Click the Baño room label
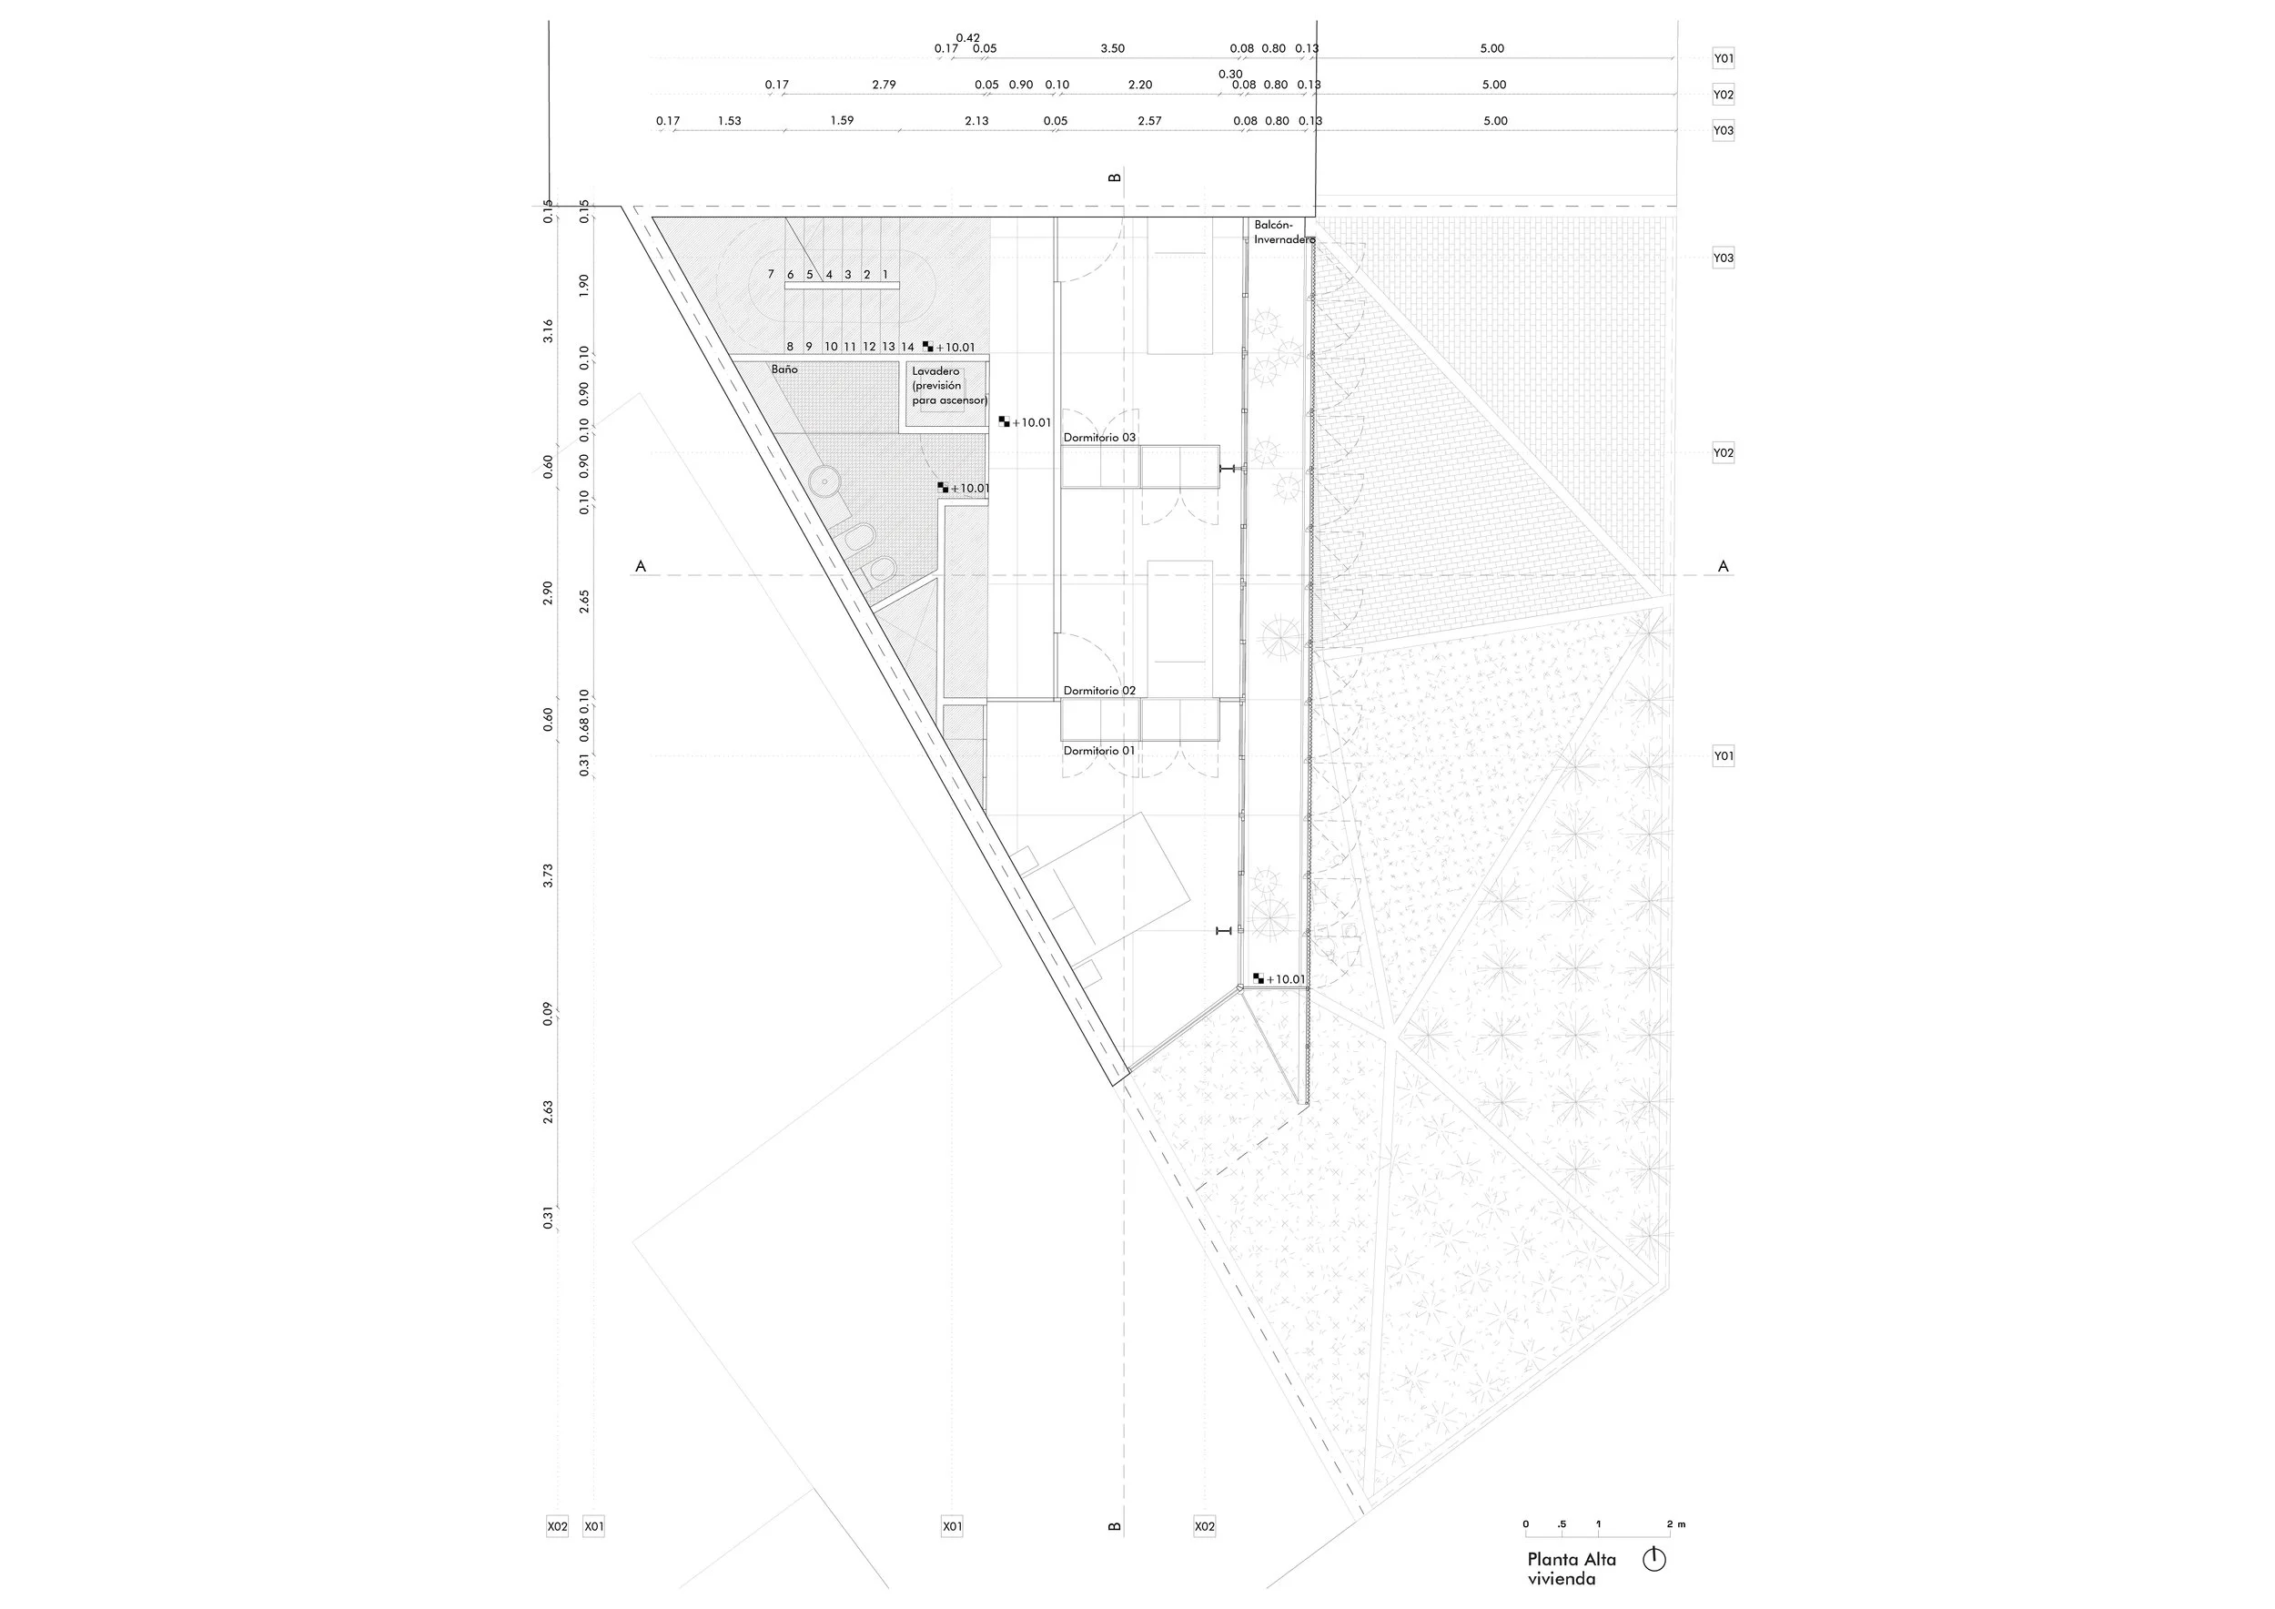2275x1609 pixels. pyautogui.click(x=784, y=369)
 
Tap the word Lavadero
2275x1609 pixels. pyautogui.click(x=936, y=371)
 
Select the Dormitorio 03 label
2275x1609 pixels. pyautogui.click(x=1100, y=437)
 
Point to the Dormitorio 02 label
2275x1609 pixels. pyautogui.click(x=1100, y=691)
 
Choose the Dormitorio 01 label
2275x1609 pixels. pyautogui.click(x=1099, y=751)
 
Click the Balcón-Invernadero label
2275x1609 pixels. pyautogui.click(x=1284, y=232)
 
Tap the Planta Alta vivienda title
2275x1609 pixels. pyautogui.click(x=1572, y=1568)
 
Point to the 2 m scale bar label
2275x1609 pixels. pyautogui.click(x=1675, y=1523)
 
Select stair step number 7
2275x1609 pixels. pyautogui.click(x=771, y=275)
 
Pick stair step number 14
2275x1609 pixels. pyautogui.click(x=907, y=347)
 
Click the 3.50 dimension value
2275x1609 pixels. pyautogui.click(x=1113, y=48)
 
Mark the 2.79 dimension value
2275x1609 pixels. pyautogui.click(x=884, y=86)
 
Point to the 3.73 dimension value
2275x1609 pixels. pyautogui.click(x=548, y=875)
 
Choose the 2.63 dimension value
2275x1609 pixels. pyautogui.click(x=548, y=1113)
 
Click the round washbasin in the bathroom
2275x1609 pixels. pyautogui.click(x=823, y=482)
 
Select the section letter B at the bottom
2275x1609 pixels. pyautogui.click(x=1115, y=1527)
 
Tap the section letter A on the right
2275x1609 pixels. pyautogui.click(x=1724, y=567)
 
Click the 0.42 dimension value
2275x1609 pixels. pyautogui.click(x=968, y=37)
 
